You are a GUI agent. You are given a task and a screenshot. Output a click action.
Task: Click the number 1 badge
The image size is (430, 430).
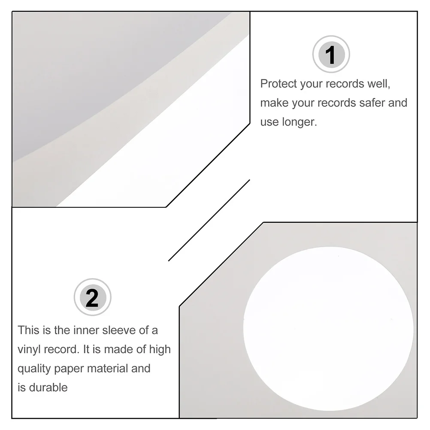point(330,55)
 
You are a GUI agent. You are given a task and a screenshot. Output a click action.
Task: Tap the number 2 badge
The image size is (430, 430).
point(92,297)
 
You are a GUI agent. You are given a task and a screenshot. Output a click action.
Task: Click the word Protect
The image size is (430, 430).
point(279,84)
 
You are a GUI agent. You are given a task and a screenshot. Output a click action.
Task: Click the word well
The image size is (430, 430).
point(379,84)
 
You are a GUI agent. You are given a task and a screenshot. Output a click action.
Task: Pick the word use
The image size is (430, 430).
point(269,122)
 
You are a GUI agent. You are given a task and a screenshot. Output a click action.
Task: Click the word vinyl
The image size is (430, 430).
point(30,349)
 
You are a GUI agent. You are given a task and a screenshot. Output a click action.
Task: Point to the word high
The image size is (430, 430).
point(159,349)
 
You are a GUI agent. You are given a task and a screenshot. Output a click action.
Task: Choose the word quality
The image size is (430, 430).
point(34,369)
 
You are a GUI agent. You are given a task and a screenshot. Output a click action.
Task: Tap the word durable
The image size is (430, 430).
point(48,388)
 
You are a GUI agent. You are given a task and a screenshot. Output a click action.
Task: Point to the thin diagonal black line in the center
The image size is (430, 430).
point(209,220)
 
